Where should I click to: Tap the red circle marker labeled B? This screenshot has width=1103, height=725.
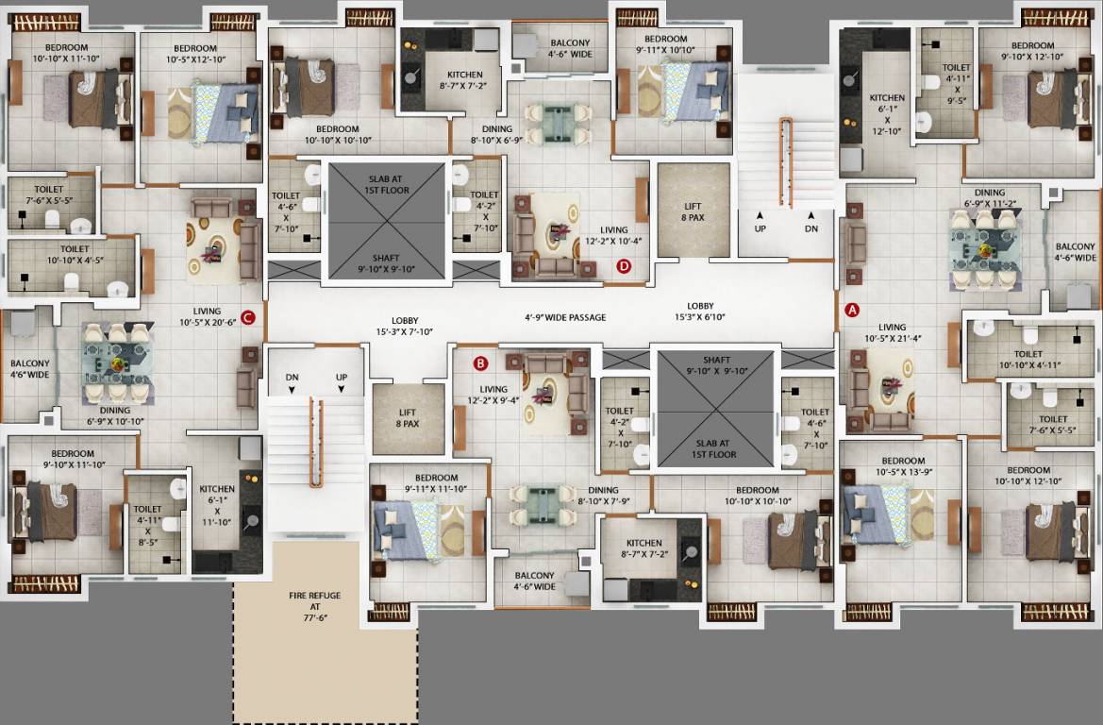pyautogui.click(x=480, y=362)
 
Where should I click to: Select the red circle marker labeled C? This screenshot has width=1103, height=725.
pyautogui.click(x=248, y=317)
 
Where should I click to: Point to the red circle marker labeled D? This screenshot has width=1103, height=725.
pyautogui.click(x=624, y=266)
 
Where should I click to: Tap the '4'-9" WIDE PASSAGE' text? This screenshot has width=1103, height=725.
pyautogui.click(x=566, y=317)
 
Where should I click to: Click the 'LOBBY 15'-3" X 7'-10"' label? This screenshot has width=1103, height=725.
pyautogui.click(x=405, y=326)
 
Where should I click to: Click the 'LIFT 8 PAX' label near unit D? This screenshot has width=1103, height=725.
pyautogui.click(x=693, y=211)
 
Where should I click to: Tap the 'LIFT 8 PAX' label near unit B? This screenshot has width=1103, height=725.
pyautogui.click(x=408, y=418)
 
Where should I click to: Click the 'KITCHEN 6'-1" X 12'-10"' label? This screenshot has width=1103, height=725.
pyautogui.click(x=887, y=114)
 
